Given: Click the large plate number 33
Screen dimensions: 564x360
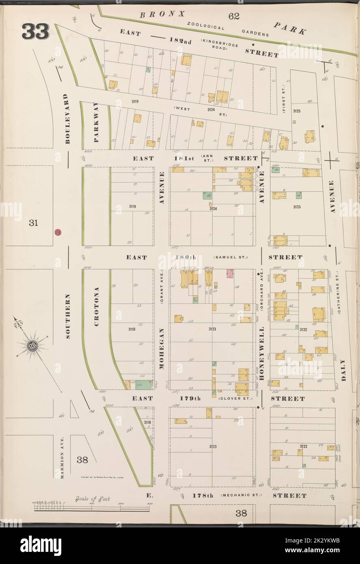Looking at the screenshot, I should [x=36, y=32].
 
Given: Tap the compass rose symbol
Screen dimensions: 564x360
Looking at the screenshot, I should [x=32, y=346].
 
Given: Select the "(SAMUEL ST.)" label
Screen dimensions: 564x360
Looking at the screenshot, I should [x=230, y=257].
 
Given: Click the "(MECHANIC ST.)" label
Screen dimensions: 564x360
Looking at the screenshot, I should [x=241, y=495].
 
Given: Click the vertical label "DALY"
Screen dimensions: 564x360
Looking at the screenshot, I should [x=343, y=369].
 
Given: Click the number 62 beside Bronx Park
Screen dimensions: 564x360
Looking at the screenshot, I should [x=234, y=16].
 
